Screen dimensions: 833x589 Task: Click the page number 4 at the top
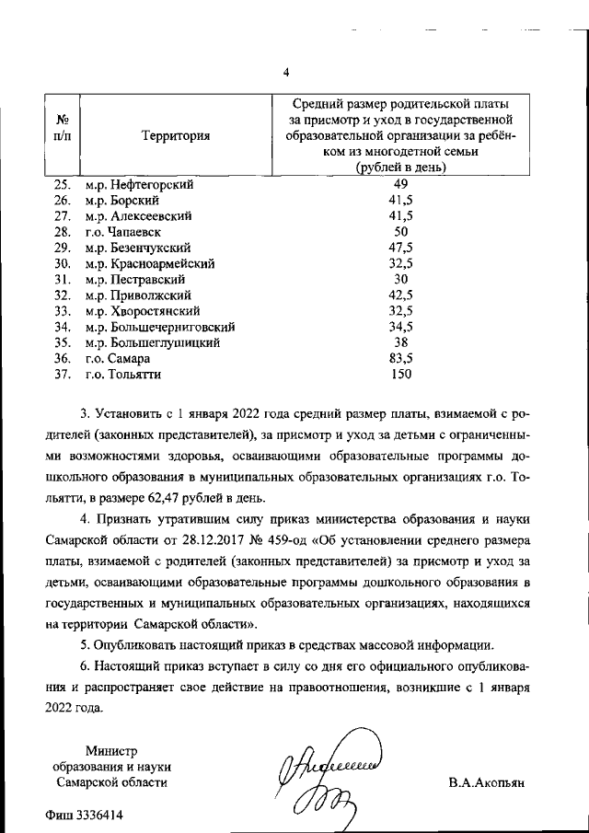coord(286,73)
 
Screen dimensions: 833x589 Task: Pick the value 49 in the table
coord(400,184)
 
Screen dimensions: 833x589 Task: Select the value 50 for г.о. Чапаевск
coord(400,232)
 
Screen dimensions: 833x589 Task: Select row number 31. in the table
coord(64,279)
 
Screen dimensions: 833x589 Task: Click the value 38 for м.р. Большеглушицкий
coord(400,342)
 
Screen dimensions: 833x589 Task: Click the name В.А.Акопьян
coord(486,782)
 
